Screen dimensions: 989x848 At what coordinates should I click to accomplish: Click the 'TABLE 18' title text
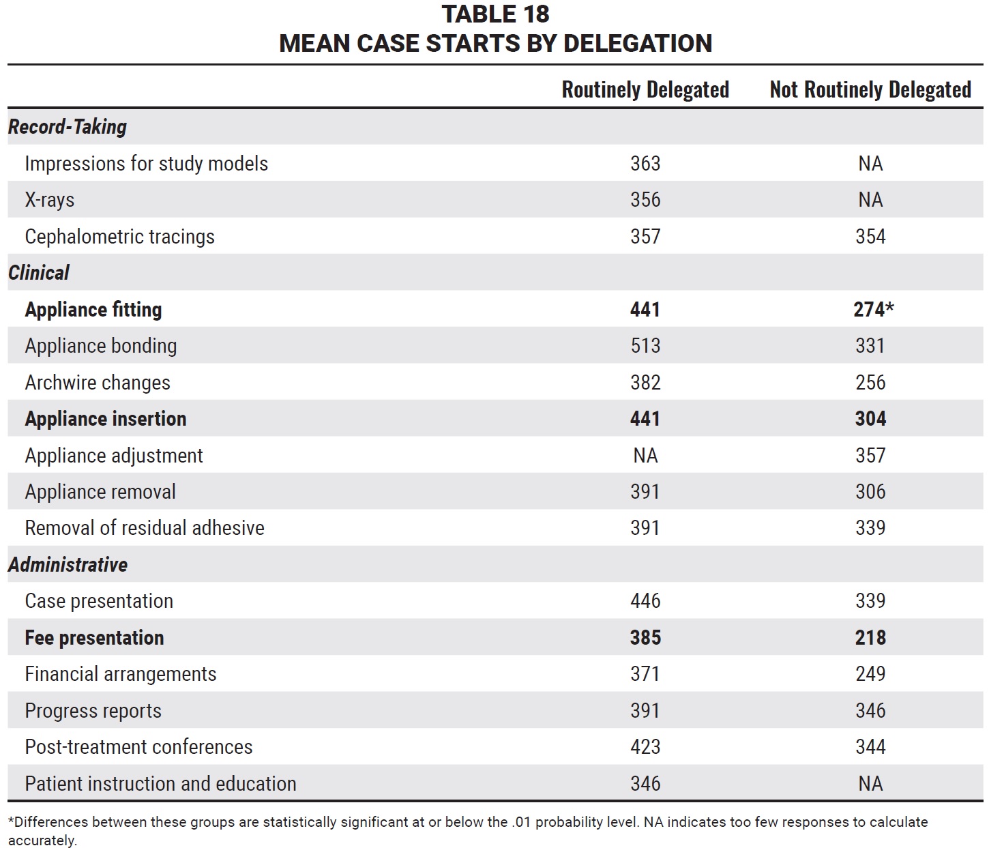point(495,14)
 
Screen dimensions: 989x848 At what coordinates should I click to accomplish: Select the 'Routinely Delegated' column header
point(645,90)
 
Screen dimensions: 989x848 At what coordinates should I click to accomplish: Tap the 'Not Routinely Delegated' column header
point(870,90)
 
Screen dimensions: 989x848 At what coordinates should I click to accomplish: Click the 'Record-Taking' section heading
point(68,127)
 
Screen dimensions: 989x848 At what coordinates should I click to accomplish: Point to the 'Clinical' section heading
point(39,273)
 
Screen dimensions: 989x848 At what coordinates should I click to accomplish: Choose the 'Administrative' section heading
point(68,565)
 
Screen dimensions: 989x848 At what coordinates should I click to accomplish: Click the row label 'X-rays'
point(50,200)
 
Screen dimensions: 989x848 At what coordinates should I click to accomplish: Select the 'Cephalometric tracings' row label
point(119,237)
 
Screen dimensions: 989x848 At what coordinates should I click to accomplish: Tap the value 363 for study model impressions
point(645,164)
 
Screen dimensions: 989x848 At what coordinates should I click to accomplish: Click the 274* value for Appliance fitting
point(873,310)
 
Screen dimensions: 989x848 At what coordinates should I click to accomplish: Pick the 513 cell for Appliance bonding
point(645,346)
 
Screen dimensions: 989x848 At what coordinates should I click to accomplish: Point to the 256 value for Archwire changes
point(870,382)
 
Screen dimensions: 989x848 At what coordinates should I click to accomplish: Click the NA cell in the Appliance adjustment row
point(645,455)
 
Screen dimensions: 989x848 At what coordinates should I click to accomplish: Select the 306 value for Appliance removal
point(870,491)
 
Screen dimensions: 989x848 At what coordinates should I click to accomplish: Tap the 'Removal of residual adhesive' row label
point(145,528)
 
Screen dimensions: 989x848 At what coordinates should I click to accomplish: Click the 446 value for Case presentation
point(645,601)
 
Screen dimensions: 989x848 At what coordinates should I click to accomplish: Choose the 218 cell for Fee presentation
point(870,637)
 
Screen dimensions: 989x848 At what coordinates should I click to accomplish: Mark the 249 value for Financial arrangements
point(870,674)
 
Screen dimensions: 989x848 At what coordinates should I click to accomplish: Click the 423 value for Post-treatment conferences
point(645,747)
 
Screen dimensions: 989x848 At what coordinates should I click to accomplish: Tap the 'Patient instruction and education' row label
point(161,784)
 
